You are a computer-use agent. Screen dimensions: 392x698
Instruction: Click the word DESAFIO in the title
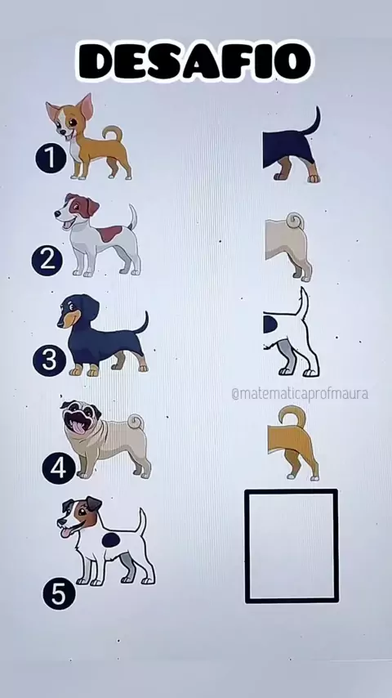pos(195,61)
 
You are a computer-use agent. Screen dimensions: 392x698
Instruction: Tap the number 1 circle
pos(51,157)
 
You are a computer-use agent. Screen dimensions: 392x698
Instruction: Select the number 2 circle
pos(47,260)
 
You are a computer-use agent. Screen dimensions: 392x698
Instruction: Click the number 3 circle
pos(49,360)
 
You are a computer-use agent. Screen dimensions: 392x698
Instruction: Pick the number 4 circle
pos(58,468)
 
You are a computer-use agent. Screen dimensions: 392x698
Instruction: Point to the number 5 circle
pos(59,593)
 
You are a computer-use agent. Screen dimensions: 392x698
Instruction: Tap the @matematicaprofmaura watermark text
pos(300,394)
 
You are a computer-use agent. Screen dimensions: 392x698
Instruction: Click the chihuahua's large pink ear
pos(86,106)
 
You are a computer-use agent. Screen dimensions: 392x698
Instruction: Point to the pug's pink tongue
pos(78,427)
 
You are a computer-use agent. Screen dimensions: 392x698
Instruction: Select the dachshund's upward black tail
pos(143,323)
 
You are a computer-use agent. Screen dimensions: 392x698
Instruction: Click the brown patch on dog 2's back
pos(109,233)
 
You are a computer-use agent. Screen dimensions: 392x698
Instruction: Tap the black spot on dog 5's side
pos(111,540)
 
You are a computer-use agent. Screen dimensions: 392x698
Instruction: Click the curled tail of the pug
pos(136,421)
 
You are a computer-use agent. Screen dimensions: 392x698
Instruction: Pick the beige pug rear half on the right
pos(288,247)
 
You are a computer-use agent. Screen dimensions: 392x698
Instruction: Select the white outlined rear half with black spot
pos(291,332)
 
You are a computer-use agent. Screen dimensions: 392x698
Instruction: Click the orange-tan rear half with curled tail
pos(294,443)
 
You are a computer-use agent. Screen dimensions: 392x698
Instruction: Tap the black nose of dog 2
pos(57,214)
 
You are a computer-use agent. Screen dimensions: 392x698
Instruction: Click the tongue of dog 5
pos(66,532)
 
